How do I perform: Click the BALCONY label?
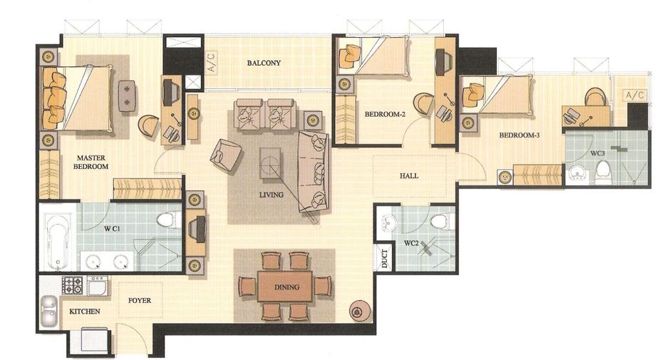(264, 63)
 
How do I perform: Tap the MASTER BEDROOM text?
(91, 162)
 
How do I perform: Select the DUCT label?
(385, 258)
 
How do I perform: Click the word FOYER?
(140, 300)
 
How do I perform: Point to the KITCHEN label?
(85, 312)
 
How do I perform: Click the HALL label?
(409, 175)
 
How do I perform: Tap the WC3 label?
(597, 153)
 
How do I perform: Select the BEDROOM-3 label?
(519, 135)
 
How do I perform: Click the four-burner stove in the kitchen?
(73, 285)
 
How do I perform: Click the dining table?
(285, 286)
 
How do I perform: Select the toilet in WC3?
(602, 172)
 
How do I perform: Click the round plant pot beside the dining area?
(360, 312)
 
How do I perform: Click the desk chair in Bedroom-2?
(423, 103)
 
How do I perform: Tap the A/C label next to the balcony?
(212, 62)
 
